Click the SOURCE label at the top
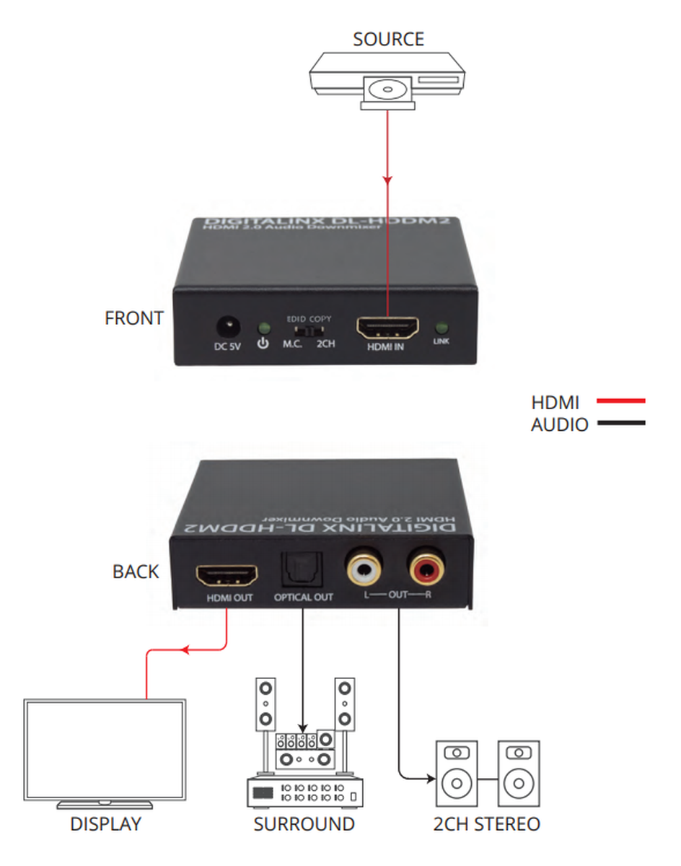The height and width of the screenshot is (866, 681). pyautogui.click(x=388, y=38)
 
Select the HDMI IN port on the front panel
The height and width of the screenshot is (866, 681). pyautogui.click(x=388, y=328)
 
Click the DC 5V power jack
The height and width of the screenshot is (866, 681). pyautogui.click(x=229, y=326)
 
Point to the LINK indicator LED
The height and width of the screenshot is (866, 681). pyautogui.click(x=441, y=327)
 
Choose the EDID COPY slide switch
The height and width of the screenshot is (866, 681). pyautogui.click(x=309, y=331)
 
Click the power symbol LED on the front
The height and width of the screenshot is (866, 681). pyautogui.click(x=263, y=327)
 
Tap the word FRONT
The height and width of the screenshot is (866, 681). pyautogui.click(x=134, y=318)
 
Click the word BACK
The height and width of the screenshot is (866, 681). pyautogui.click(x=136, y=572)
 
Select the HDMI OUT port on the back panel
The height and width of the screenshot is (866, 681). pyautogui.click(x=227, y=575)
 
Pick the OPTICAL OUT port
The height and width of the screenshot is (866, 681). pyautogui.click(x=303, y=574)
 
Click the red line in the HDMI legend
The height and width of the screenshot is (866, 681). pyautogui.click(x=618, y=401)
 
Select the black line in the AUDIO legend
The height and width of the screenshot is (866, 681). pyautogui.click(x=618, y=424)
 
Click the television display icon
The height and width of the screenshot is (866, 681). pyautogui.click(x=105, y=751)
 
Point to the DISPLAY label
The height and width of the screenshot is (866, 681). pyautogui.click(x=105, y=824)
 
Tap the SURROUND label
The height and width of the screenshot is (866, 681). pyautogui.click(x=304, y=824)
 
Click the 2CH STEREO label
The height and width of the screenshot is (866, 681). pyautogui.click(x=487, y=824)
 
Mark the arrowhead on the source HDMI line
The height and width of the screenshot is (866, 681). pyautogui.click(x=388, y=178)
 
